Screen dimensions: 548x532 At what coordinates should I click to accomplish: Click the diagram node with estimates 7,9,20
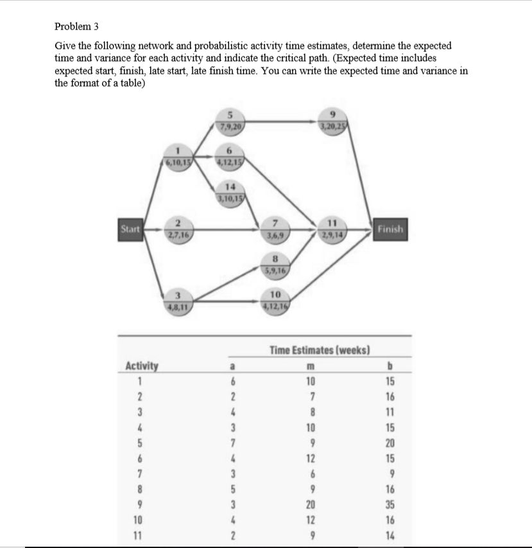pos(229,121)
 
